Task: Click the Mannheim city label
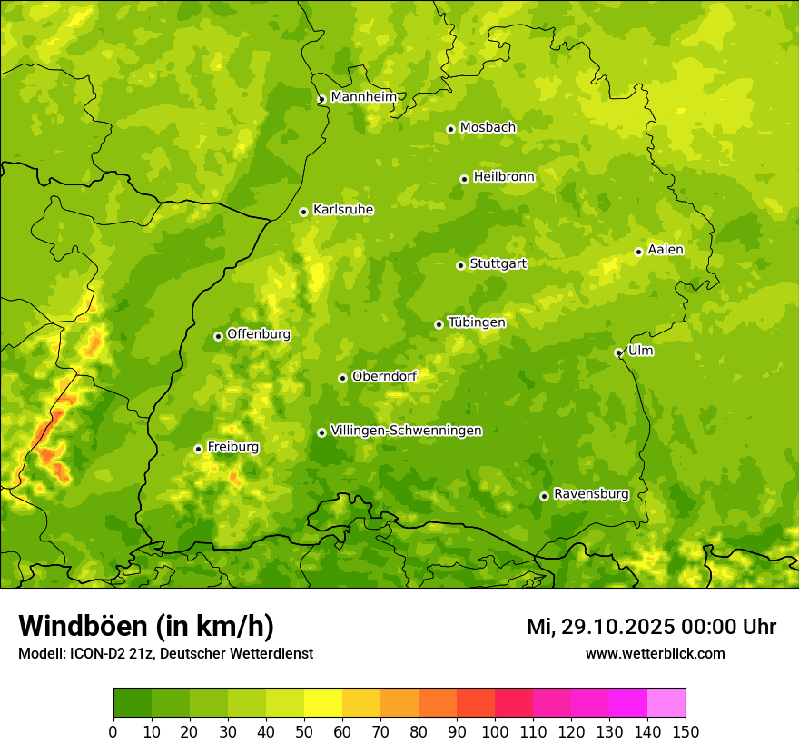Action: (363, 96)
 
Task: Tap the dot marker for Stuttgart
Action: (460, 265)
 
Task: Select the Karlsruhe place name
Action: (343, 210)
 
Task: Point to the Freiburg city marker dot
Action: (198, 449)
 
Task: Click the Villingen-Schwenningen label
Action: (406, 431)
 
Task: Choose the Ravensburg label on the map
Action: (591, 494)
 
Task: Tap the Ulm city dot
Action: (618, 352)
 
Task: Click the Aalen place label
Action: (666, 250)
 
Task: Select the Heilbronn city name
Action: (504, 177)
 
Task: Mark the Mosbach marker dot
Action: (450, 129)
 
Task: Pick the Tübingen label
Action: (477, 322)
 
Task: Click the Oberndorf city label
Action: (384, 376)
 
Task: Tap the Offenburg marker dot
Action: (218, 336)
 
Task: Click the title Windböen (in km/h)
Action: (146, 626)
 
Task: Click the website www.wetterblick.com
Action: (655, 653)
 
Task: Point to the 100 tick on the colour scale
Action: (495, 731)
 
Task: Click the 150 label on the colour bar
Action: (686, 731)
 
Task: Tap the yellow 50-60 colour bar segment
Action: (323, 703)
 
